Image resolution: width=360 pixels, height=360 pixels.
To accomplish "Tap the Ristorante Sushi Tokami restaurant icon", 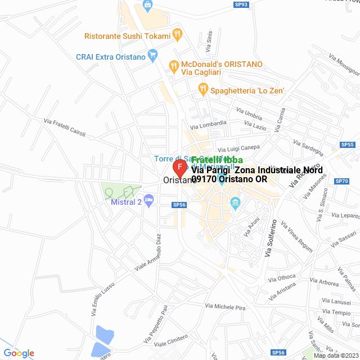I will click(178, 33).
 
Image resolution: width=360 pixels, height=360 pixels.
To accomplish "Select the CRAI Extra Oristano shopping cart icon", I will click(152, 55).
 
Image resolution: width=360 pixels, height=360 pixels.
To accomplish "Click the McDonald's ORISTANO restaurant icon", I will click(174, 65).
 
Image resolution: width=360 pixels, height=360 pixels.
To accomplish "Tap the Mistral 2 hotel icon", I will click(148, 200).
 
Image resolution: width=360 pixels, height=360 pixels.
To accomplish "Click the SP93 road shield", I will click(241, 4).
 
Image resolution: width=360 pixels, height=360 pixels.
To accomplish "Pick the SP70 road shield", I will click(341, 181).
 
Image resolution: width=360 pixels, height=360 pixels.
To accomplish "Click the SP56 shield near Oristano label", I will click(179, 205).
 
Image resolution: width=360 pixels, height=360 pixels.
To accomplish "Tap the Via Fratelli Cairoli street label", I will click(69, 125).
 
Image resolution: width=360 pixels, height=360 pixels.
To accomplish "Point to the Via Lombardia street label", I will click(208, 124).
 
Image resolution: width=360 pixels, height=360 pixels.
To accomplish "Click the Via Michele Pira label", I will click(226, 307).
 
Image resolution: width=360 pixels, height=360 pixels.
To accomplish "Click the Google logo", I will click(19, 353).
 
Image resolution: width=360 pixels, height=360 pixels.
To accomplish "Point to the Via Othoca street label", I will click(282, 278).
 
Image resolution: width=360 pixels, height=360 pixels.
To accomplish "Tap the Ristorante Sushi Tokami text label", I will click(127, 36).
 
